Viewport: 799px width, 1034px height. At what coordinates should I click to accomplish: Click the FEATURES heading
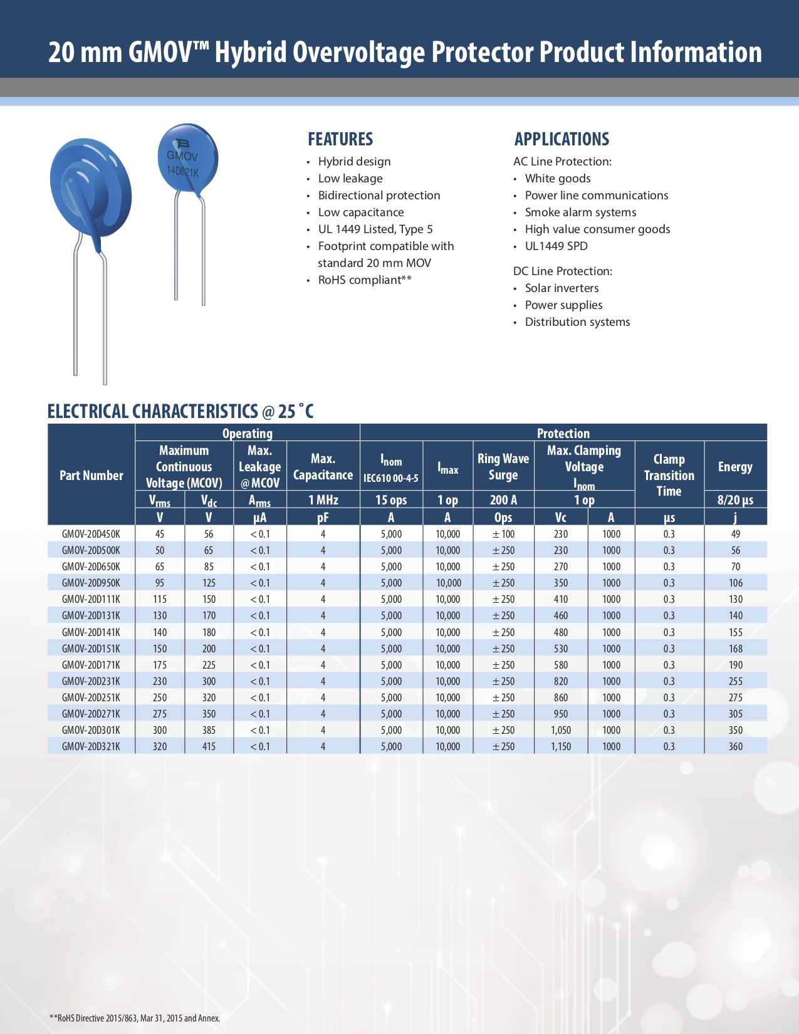tap(340, 139)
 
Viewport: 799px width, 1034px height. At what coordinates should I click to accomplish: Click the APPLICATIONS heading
tap(561, 139)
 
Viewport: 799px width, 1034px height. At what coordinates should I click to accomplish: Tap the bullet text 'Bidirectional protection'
tap(379, 196)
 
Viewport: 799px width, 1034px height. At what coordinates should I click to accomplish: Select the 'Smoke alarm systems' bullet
tap(580, 212)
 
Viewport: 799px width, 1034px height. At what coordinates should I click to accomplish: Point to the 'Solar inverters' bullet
tap(561, 288)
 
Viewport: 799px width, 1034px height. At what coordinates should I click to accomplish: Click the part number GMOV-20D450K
tap(91, 534)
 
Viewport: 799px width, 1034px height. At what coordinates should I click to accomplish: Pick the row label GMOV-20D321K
tap(91, 746)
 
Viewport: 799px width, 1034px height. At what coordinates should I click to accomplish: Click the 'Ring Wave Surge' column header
tap(503, 467)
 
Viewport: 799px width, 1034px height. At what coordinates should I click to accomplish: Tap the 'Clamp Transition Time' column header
tap(669, 475)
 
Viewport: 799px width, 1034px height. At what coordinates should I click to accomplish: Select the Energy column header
tap(735, 467)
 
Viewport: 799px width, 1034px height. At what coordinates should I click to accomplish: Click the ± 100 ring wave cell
tap(503, 534)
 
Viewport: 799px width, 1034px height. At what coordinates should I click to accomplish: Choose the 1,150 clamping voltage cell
tap(560, 746)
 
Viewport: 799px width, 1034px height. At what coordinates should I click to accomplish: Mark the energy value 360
tap(735, 746)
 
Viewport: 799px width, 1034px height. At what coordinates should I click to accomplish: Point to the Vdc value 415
tap(209, 746)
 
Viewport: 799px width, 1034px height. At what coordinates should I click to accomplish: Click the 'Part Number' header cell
tap(91, 476)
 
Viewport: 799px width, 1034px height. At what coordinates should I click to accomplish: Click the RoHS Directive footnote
tap(135, 1018)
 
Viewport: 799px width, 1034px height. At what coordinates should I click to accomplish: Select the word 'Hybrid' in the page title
tap(250, 52)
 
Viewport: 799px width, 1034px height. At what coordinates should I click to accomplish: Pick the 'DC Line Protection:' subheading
tap(563, 271)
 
